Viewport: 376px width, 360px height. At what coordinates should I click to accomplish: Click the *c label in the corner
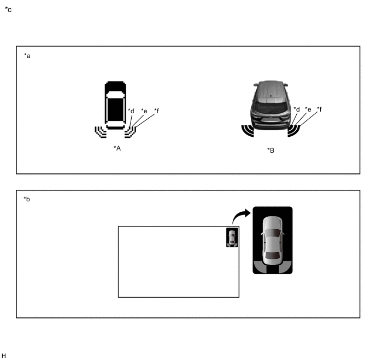[8, 10]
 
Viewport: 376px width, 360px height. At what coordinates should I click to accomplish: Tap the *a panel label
[27, 56]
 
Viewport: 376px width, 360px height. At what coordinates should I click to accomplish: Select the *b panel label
[27, 199]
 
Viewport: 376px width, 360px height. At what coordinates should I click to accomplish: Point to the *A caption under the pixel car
[117, 148]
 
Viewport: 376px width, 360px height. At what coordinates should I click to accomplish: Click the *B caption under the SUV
[271, 150]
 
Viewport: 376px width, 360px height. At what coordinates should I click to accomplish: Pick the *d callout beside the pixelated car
[131, 111]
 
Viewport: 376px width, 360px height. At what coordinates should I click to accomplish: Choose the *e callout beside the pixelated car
[144, 111]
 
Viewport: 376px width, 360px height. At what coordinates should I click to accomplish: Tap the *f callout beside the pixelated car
[157, 111]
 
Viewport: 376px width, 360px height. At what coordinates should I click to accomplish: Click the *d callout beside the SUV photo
[297, 109]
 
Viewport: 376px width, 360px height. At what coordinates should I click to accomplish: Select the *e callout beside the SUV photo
[308, 109]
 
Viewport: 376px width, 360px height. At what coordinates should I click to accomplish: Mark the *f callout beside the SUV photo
[319, 109]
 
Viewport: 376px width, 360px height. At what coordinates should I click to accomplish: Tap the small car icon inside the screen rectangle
[232, 237]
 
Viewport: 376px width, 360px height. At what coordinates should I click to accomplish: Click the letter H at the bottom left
[4, 356]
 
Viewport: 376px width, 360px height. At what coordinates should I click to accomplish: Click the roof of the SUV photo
[270, 91]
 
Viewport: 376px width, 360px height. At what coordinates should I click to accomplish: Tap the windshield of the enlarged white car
[272, 233]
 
